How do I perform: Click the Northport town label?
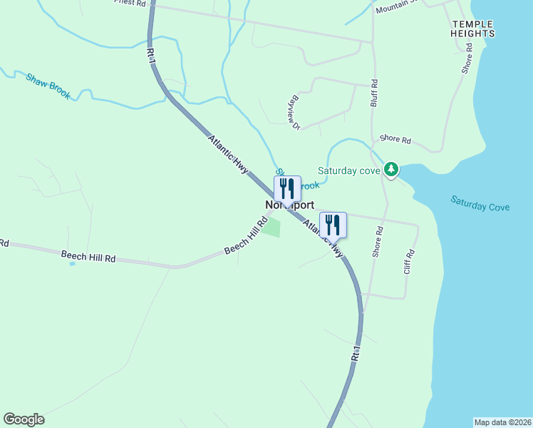(289, 205)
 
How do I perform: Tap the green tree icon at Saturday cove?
(391, 170)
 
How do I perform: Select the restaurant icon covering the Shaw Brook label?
(287, 188)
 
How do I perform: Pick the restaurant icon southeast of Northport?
(333, 225)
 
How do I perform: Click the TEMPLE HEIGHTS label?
(472, 29)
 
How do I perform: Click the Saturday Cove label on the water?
(480, 203)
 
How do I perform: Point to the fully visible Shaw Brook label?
(48, 86)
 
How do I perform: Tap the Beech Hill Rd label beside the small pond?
(88, 258)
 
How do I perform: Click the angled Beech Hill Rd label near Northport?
(245, 238)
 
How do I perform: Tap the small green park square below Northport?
(271, 228)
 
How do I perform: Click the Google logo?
(24, 419)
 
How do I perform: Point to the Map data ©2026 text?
(502, 422)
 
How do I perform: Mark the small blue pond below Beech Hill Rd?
(71, 264)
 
